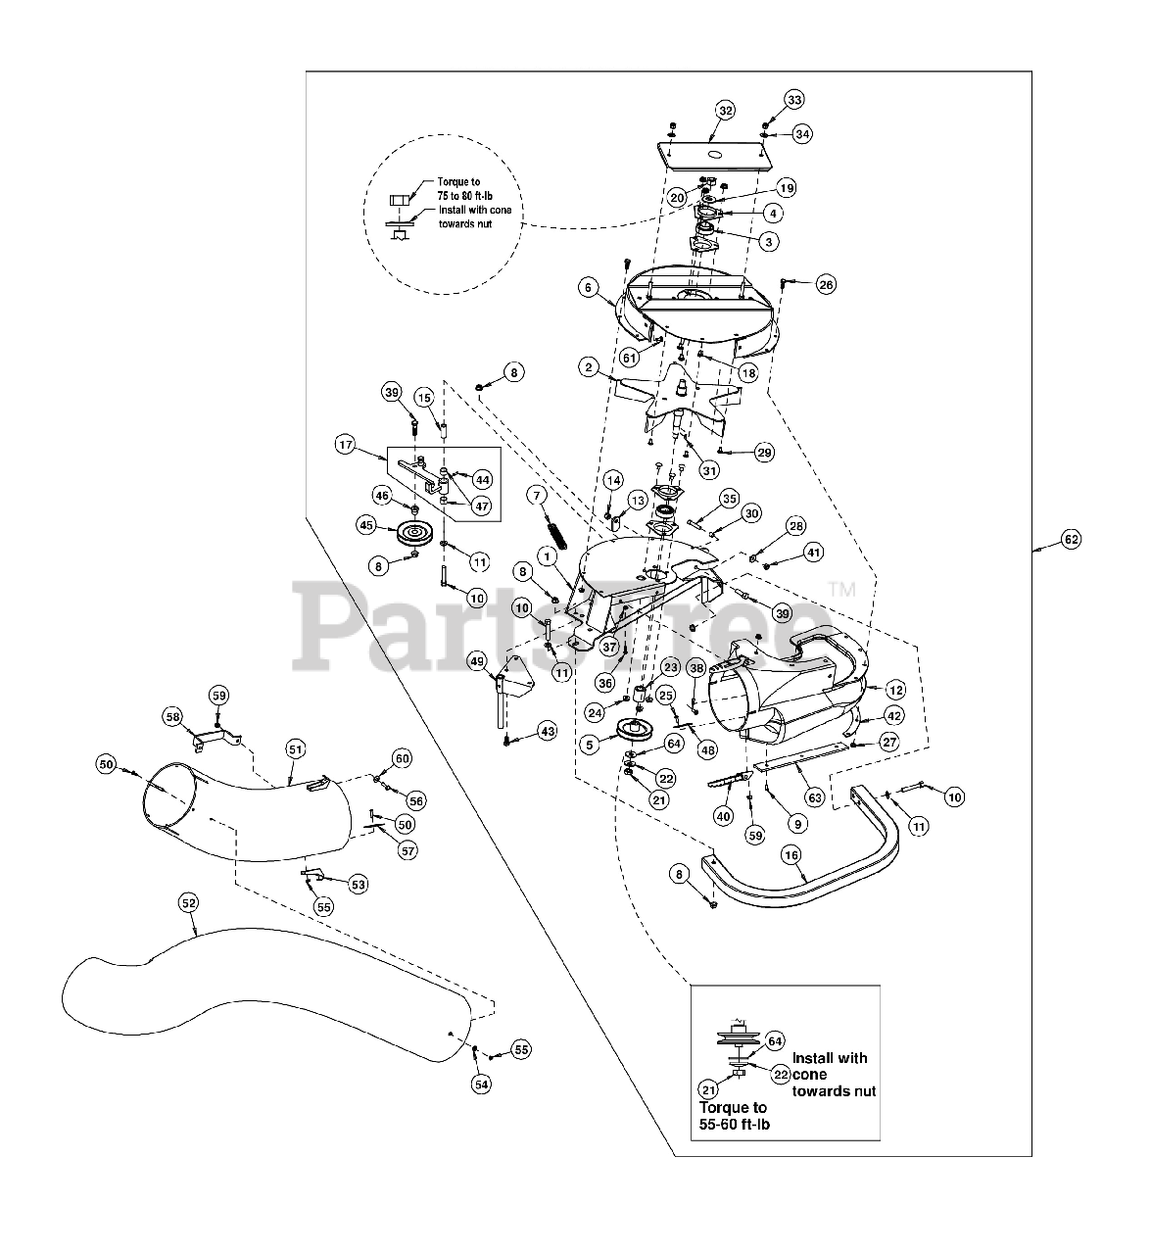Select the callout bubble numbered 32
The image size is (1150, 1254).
[x=725, y=111]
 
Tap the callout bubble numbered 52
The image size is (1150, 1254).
[x=188, y=900]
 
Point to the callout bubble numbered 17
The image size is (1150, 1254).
[x=345, y=445]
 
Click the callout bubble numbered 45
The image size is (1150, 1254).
[x=366, y=525]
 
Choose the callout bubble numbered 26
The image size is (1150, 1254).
[x=826, y=285]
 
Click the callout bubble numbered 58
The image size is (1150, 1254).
[x=173, y=717]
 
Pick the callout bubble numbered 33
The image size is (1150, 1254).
[x=793, y=100]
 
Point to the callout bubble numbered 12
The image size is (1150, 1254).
[x=895, y=690]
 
